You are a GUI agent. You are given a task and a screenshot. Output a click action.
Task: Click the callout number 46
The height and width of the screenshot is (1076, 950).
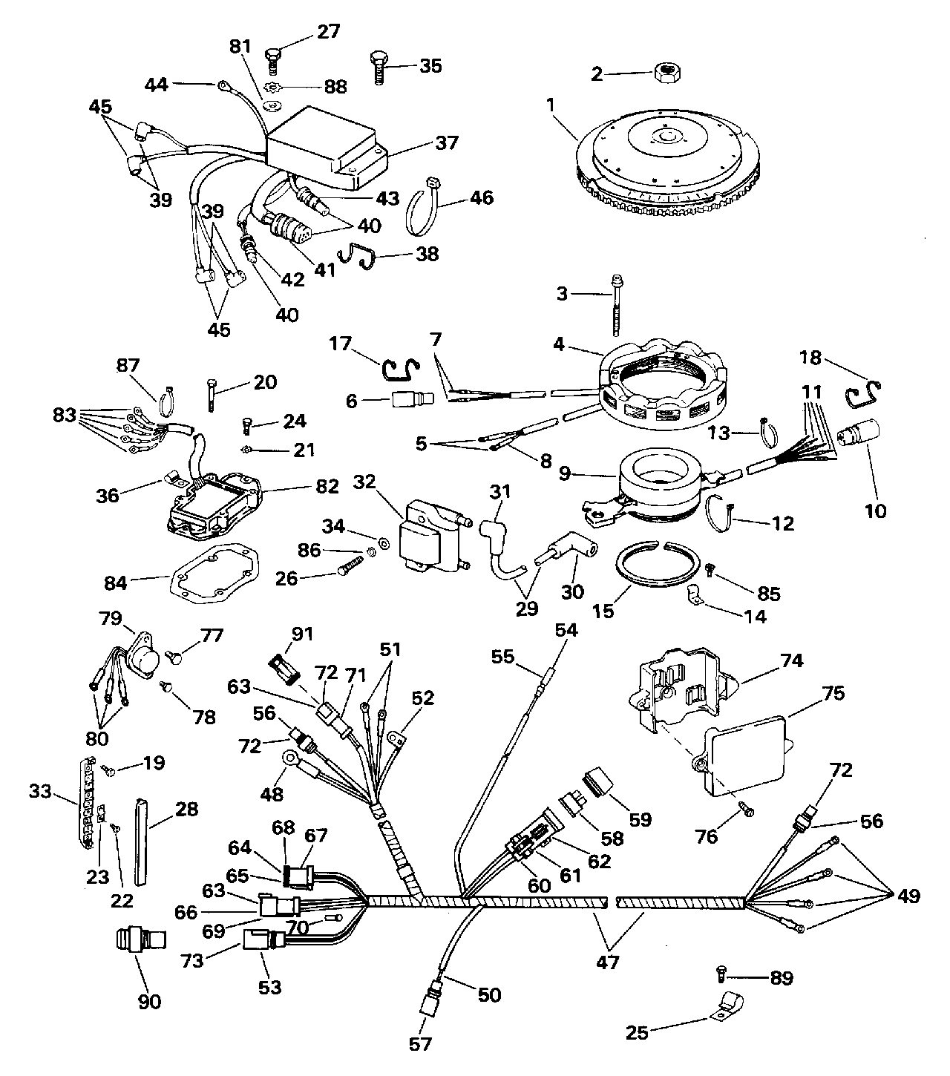482,198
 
